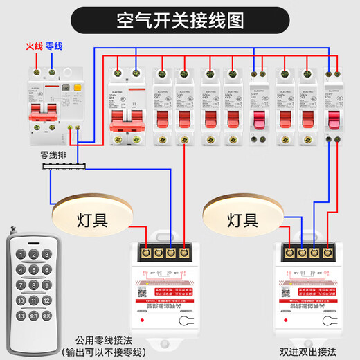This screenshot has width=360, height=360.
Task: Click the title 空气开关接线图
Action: (180, 19)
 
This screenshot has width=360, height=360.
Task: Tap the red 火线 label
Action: (34, 46)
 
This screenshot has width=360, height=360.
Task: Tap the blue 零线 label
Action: (54, 46)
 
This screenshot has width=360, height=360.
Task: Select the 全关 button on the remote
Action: (46, 315)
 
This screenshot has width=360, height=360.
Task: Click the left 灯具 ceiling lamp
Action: (91, 220)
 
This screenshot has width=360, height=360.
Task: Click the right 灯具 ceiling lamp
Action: (242, 220)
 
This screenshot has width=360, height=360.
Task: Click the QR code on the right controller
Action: (289, 292)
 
